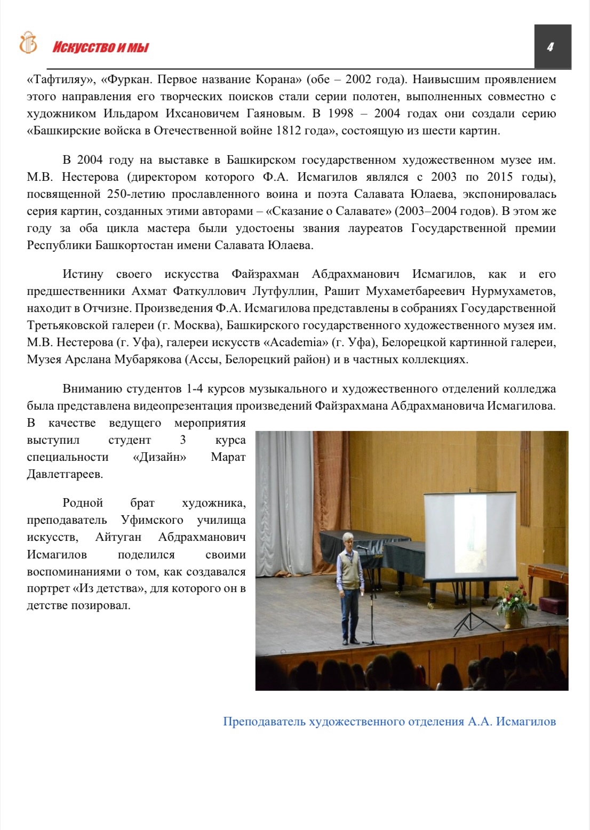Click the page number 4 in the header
[550, 47]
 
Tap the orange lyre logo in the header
[28, 43]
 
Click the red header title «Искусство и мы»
[100, 47]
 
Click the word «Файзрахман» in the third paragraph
[265, 274]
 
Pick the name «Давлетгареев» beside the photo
[65, 474]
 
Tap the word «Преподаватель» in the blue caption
[264, 722]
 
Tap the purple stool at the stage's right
[555, 605]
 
